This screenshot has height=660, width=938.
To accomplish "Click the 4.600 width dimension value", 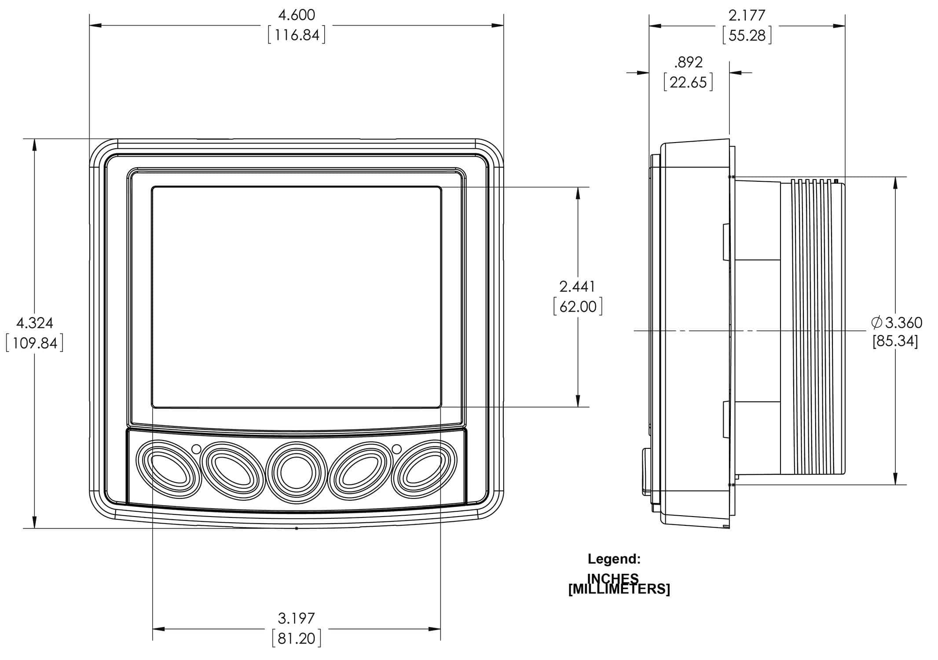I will click(297, 15).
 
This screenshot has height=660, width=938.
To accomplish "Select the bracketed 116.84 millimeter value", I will click(297, 35).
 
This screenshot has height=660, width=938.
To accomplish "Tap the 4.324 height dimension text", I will click(34, 323).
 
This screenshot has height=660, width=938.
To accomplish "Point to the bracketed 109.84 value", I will click(34, 343).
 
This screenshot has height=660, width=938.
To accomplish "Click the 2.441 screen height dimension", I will click(577, 286).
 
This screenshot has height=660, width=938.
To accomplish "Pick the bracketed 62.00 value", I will click(578, 306).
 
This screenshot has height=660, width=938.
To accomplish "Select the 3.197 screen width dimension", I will click(297, 618).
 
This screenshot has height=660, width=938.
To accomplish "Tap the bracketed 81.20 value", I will click(297, 638).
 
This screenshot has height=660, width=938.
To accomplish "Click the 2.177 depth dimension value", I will click(747, 15).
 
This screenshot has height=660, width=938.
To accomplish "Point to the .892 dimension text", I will click(688, 62).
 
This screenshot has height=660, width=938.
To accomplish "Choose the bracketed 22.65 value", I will click(688, 82).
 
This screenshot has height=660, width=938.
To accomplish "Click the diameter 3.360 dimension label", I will click(897, 323).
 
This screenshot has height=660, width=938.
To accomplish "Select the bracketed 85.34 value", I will click(895, 341).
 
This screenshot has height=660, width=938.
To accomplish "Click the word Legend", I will click(614, 559).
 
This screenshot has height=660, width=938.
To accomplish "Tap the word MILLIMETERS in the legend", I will click(619, 589).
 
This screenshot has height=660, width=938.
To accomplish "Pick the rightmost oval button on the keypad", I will click(424, 470).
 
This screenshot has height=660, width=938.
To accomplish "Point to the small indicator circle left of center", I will click(197, 449).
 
